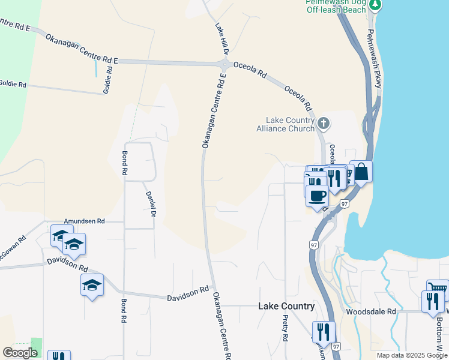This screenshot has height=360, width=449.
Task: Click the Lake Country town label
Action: click(x=286, y=306)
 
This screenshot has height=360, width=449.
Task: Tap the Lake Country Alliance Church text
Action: click(x=286, y=124)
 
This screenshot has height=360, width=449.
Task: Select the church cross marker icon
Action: click(x=324, y=124)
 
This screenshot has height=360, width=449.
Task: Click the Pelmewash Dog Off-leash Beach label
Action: click(x=336, y=6)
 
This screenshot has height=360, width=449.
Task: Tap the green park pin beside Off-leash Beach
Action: click(x=375, y=5)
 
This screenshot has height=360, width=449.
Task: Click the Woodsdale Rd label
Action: click(x=371, y=312)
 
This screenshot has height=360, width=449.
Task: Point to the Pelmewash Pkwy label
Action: click(x=375, y=59)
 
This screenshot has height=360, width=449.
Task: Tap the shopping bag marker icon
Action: click(x=361, y=172)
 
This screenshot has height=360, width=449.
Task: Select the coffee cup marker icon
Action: click(x=317, y=195)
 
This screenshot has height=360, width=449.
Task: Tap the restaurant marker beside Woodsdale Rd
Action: click(x=432, y=301)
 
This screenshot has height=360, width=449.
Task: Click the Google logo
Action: click(x=20, y=353)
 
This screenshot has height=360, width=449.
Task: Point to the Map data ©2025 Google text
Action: click(x=411, y=355)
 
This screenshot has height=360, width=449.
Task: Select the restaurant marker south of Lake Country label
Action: click(x=324, y=332)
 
